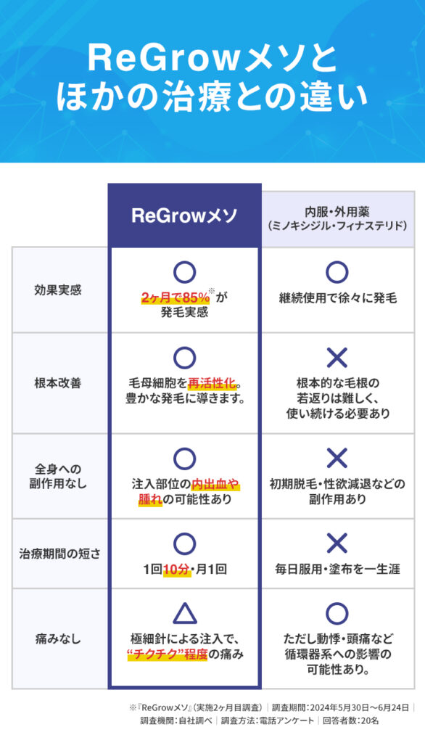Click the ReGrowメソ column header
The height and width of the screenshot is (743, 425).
(184, 215)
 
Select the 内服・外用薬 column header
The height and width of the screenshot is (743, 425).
(337, 218)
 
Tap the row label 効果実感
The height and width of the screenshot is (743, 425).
(58, 290)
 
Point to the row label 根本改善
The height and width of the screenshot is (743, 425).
(58, 383)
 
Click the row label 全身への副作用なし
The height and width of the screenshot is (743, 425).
(58, 476)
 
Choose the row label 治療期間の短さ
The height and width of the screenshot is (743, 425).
(59, 554)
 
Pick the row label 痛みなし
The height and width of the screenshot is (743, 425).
(58, 639)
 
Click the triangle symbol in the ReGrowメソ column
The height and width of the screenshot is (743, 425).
(185, 614)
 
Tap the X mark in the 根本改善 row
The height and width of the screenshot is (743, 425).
(337, 357)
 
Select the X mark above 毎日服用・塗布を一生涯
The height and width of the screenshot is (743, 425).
(337, 543)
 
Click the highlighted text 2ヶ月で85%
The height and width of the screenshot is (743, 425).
(176, 297)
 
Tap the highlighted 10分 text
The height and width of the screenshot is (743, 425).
(177, 569)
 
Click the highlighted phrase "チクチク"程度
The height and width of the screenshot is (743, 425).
(168, 654)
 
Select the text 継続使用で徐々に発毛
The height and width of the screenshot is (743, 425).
(337, 298)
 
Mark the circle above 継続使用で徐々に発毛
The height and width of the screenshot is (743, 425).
(337, 272)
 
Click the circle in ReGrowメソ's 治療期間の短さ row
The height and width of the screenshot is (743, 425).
(185, 543)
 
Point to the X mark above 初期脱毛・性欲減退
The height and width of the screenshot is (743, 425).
(337, 458)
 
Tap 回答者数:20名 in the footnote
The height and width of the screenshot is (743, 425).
(350, 721)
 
